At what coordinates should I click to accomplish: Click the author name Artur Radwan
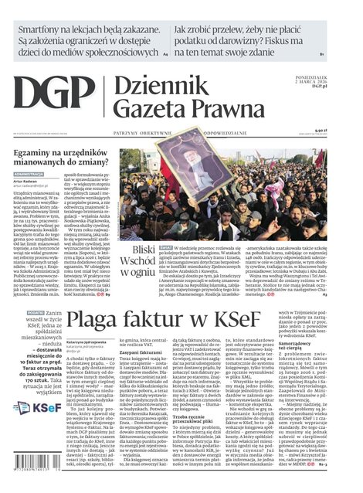(x=29, y=182)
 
